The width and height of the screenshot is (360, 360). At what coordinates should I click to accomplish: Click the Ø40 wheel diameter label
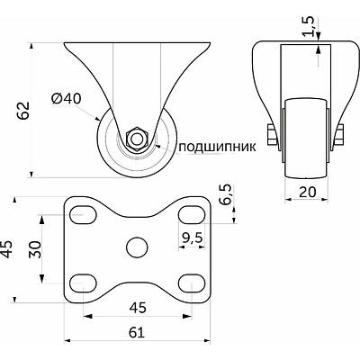(67, 99)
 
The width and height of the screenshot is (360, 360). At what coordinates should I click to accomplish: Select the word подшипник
(218, 147)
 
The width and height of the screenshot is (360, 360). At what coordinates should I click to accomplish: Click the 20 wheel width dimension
(307, 192)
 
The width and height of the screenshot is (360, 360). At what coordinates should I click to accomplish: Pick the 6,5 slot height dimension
(225, 194)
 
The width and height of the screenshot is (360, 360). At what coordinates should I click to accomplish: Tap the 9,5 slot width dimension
(193, 238)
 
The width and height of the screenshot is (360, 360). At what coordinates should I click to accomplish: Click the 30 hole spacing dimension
(34, 249)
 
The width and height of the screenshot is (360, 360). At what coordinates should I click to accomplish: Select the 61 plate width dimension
(137, 332)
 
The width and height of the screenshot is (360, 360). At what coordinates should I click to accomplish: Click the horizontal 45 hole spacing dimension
(138, 308)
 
